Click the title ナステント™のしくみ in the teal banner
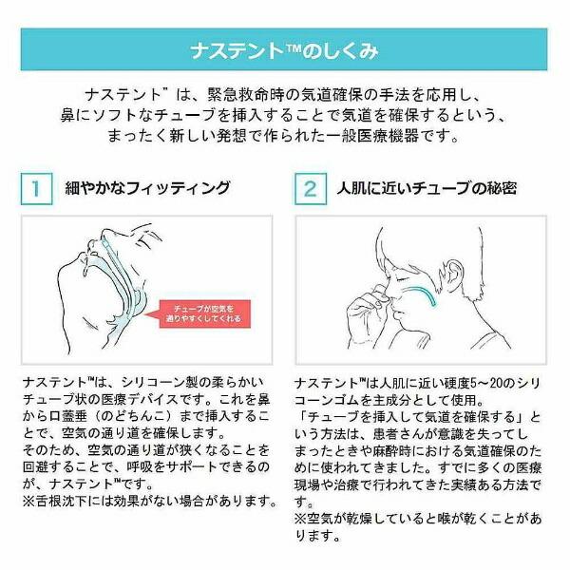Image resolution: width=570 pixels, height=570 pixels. [x=284, y=50]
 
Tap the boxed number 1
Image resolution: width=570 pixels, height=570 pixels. [x=36, y=189]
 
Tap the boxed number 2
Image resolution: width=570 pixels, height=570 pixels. [x=310, y=189]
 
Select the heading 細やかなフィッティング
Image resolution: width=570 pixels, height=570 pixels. [x=147, y=188]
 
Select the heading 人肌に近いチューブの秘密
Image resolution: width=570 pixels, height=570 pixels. [x=427, y=188]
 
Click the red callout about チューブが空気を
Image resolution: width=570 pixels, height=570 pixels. [x=203, y=313]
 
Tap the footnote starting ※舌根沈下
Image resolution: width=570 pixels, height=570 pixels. [x=149, y=502]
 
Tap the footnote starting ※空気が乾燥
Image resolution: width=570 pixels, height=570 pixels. [x=418, y=526]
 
